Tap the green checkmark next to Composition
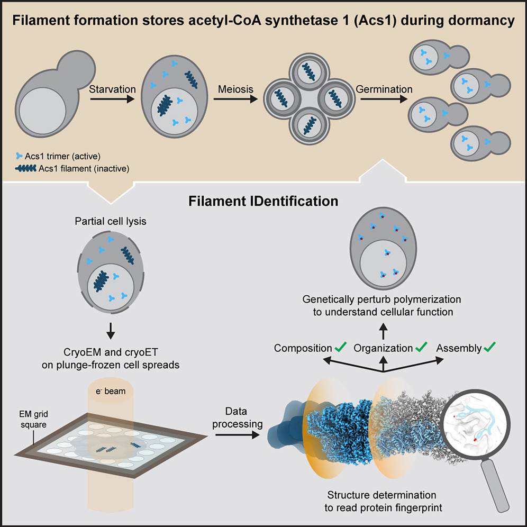[x=340, y=348]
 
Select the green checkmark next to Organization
[x=422, y=348]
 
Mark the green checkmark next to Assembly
[x=490, y=348]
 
